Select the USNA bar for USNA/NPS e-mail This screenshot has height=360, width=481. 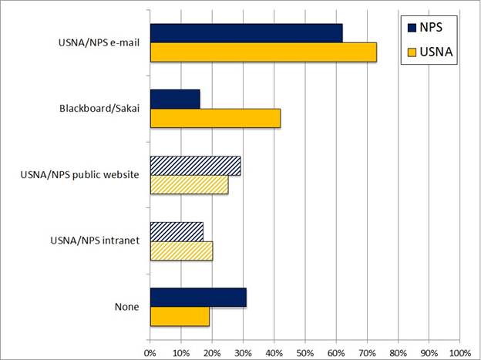coord(263,52)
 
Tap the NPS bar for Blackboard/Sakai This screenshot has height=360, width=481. coord(175,99)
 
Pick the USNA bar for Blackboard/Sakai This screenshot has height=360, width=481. coord(215,118)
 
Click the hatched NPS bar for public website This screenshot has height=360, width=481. coord(195,165)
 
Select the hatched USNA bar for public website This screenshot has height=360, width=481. coord(189,184)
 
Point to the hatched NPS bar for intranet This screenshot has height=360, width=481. coord(177,231)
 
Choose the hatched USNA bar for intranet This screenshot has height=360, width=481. coord(181,251)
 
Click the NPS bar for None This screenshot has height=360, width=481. coord(198,298)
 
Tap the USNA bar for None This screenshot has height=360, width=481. coord(180,316)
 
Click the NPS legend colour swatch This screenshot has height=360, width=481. coord(412,29)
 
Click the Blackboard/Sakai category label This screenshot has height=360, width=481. coord(99,109)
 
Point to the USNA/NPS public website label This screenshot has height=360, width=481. coord(80,175)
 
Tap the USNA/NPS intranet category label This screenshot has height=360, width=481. coord(92,241)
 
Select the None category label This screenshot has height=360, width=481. coord(126,307)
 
